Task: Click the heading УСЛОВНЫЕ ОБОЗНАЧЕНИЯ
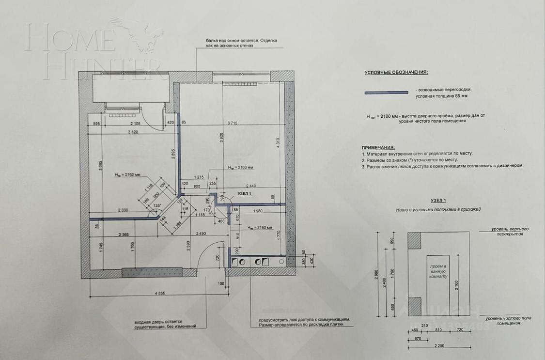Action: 396,73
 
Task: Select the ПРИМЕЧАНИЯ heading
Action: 378,147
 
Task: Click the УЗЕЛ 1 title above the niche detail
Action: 437,200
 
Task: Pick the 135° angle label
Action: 156,205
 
